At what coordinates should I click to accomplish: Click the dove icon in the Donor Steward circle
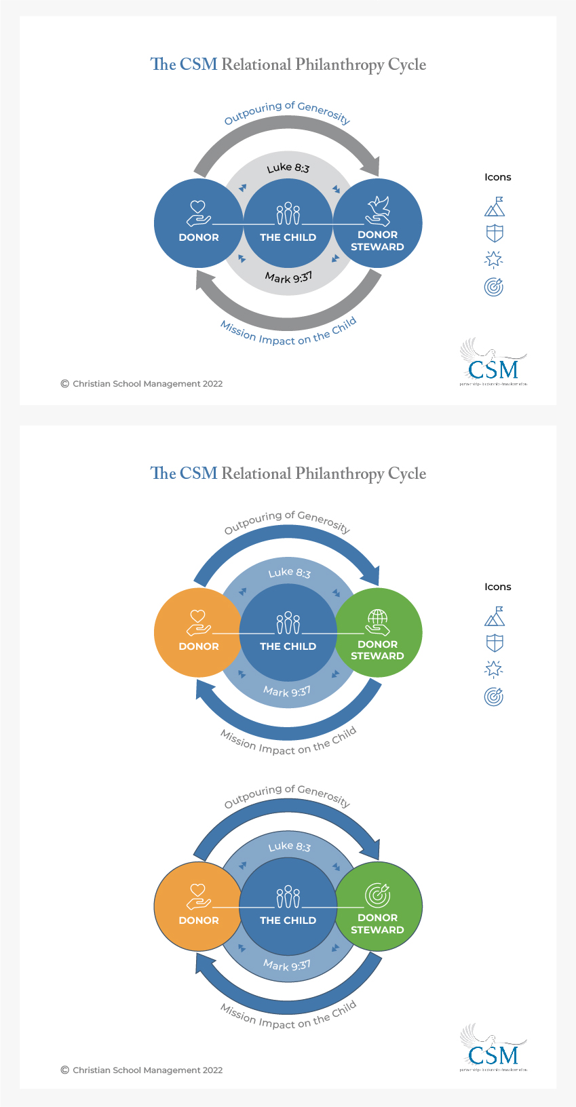(378, 210)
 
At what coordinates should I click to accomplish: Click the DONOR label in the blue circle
(199, 237)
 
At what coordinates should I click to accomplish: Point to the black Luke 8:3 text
(288, 168)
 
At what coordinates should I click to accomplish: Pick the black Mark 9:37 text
(288, 277)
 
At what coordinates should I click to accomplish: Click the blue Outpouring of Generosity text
(287, 113)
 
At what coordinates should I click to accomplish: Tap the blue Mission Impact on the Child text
(288, 332)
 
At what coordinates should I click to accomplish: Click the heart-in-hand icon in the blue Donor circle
(198, 213)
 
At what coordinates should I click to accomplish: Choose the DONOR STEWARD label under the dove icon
(377, 241)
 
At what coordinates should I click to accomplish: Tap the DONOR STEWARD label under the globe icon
(377, 650)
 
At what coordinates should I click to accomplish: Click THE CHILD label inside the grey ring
(288, 237)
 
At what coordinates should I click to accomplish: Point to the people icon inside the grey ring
(288, 213)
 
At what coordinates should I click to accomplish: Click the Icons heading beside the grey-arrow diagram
(497, 177)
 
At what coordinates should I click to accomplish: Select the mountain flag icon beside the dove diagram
(495, 207)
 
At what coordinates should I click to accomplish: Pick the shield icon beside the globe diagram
(495, 643)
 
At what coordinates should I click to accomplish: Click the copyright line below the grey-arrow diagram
(142, 384)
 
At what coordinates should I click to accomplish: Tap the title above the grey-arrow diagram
(288, 64)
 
